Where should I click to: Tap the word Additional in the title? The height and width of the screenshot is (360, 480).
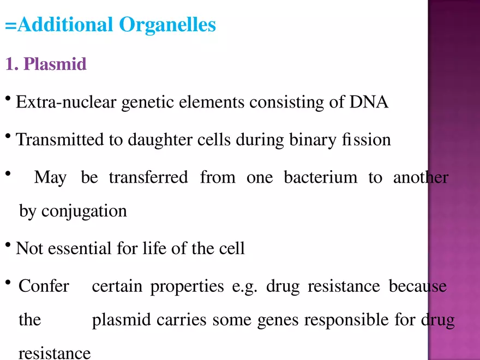[x=65, y=25]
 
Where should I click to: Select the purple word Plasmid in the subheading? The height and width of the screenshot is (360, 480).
[x=55, y=64]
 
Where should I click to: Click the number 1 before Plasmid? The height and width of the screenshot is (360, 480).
[x=10, y=64]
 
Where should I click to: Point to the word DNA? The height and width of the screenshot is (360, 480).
[x=369, y=102]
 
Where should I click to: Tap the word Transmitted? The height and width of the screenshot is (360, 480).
[x=59, y=140]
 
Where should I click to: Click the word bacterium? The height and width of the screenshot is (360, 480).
[x=321, y=177]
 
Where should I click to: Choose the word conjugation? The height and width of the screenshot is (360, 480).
[x=84, y=211]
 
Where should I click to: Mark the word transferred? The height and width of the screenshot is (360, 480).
[x=148, y=177]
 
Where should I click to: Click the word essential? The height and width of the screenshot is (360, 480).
[x=80, y=248]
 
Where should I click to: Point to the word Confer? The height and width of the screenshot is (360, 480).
[x=44, y=286]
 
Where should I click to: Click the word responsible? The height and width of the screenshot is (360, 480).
[x=346, y=320]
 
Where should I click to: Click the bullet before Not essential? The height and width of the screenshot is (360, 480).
[x=8, y=245]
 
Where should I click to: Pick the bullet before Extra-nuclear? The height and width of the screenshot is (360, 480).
[x=8, y=99]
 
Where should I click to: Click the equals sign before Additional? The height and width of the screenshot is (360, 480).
[x=11, y=26]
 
